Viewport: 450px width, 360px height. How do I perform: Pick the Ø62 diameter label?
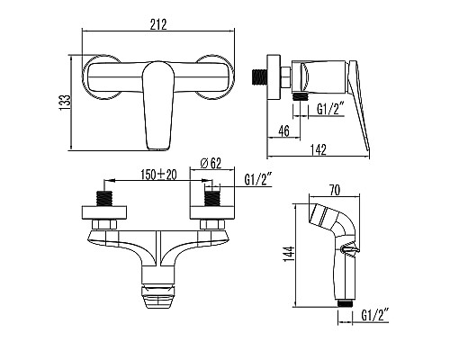pos(210,162)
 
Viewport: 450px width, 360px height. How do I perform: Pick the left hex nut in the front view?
pos(107,223)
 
